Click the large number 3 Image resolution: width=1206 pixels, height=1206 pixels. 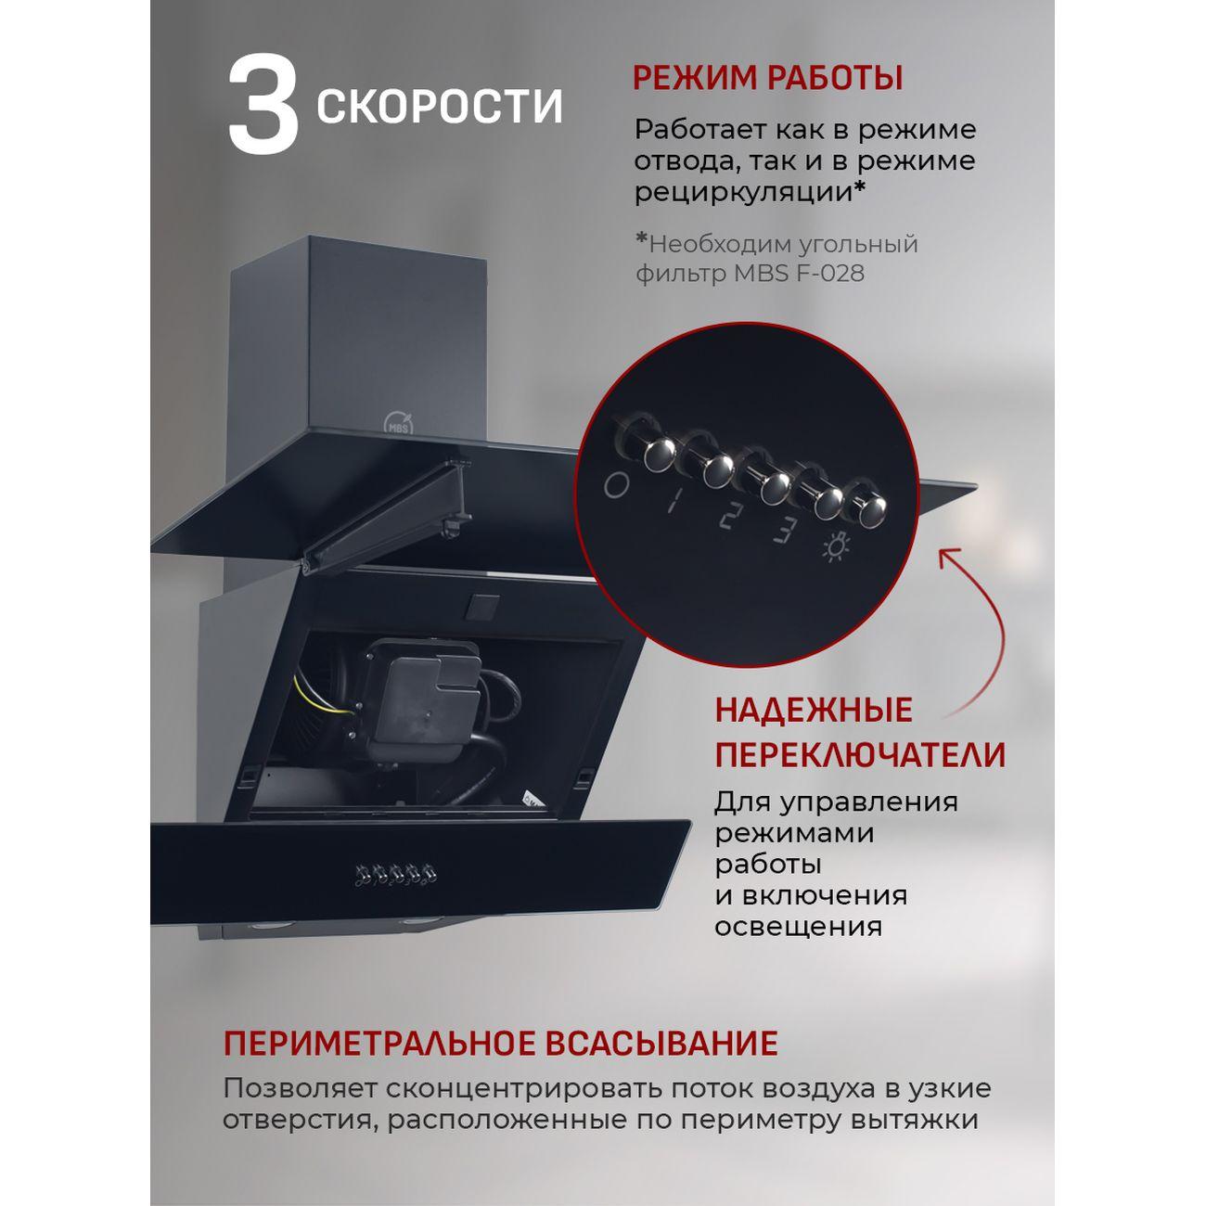tap(263, 103)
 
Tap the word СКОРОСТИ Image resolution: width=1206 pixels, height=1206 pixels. tap(440, 107)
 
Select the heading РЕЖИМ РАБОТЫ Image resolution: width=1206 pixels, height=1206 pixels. tap(767, 78)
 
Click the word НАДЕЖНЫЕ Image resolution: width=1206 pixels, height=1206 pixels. tap(814, 712)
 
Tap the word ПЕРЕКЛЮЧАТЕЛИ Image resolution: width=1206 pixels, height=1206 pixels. tap(859, 755)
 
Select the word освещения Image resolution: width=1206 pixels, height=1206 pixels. tap(797, 927)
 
